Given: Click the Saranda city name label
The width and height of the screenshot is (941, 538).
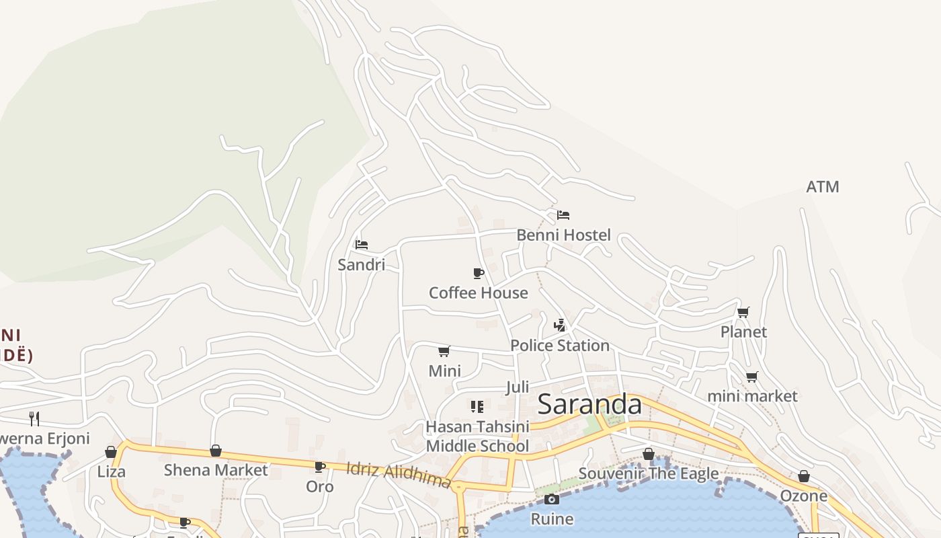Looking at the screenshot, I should tap(589, 404).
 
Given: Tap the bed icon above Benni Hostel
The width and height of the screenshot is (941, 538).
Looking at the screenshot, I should tap(563, 215).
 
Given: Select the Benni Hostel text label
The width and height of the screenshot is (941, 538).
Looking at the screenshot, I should tap(563, 235).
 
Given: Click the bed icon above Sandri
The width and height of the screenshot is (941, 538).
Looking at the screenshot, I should tap(362, 245).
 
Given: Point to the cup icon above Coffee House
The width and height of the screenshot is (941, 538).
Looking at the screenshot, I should tap(478, 273).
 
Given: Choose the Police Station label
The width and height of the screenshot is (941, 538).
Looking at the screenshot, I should tap(560, 345).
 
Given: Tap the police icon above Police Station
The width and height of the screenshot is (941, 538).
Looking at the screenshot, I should tap(559, 325).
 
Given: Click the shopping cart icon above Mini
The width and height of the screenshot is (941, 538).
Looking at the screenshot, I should tap(444, 351).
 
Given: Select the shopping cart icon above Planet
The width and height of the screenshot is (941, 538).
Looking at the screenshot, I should tap(743, 312).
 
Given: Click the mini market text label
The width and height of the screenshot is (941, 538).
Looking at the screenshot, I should tap(752, 396).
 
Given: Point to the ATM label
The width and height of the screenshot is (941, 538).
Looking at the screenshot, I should tap(823, 187).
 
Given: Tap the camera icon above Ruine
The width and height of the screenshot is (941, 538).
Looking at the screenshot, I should tap(551, 499).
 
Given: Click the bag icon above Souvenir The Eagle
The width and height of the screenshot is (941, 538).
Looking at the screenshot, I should tap(648, 454).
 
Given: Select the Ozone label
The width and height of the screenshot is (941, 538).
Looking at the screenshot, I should tap(803, 496).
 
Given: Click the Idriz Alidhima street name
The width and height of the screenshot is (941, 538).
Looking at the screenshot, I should tap(398, 475).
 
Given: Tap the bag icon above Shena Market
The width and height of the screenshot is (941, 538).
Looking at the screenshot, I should tap(216, 451).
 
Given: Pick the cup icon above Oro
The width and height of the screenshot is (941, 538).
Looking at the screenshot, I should tap(320, 467).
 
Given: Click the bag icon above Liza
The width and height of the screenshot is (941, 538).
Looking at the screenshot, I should tap(111, 452).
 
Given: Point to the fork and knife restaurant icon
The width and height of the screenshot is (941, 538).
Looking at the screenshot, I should tap(34, 419).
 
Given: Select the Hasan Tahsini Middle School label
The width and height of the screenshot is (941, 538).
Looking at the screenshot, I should tap(477, 436).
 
